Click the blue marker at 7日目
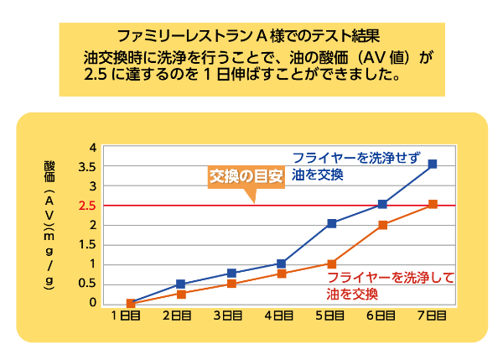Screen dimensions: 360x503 (433, 164)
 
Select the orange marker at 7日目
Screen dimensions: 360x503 (433, 204)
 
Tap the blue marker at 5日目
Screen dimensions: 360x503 (332, 223)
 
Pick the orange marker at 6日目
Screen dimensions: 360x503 (382, 225)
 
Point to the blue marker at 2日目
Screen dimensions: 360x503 (180, 284)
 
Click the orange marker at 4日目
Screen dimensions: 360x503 (282, 274)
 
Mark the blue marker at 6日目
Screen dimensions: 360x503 (382, 204)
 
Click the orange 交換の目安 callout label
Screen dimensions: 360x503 (246, 177)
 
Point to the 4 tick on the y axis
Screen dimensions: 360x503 (93, 148)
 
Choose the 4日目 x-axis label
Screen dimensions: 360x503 (280, 316)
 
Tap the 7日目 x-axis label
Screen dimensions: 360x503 (433, 316)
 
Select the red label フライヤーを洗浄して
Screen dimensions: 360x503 (390, 278)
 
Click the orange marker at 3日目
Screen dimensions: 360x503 (231, 284)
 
